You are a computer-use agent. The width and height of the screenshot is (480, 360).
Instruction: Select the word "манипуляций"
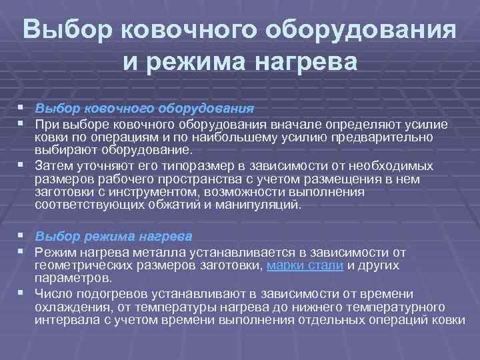(263, 205)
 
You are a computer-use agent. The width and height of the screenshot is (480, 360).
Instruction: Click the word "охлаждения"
(67, 307)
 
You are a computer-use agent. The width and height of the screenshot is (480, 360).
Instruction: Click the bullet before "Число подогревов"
(25, 293)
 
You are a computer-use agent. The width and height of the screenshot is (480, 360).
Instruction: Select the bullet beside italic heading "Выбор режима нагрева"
(25, 236)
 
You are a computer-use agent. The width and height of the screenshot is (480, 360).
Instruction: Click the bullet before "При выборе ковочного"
(25, 124)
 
